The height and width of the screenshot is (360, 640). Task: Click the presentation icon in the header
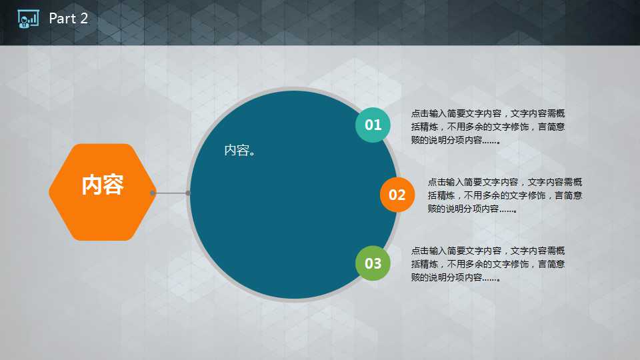point(28,19)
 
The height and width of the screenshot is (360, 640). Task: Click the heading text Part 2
point(68,19)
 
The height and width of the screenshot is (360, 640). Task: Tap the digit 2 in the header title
point(84,19)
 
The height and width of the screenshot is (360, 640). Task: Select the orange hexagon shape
point(102,192)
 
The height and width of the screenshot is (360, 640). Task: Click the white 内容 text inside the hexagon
point(103,185)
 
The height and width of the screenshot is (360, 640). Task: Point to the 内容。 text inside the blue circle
point(240,150)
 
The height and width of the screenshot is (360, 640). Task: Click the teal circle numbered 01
point(373,125)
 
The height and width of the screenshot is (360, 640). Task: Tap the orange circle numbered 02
point(397,195)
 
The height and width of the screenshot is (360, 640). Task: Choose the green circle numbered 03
point(373,263)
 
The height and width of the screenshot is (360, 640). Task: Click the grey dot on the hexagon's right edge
point(153,193)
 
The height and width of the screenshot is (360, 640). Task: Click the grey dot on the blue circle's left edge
point(188,193)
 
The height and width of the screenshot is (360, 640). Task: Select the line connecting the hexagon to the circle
point(170,193)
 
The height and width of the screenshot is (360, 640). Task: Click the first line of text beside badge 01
point(488,113)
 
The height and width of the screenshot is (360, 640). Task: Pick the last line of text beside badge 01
point(455,140)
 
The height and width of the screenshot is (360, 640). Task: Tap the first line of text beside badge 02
point(505,182)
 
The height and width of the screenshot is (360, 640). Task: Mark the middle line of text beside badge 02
point(505,195)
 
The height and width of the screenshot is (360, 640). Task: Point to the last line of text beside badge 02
point(472,209)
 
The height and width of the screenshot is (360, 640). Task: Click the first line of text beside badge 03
point(488,251)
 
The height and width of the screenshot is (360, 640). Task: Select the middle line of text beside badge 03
point(488,264)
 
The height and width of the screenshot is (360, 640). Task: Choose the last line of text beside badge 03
point(455,277)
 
